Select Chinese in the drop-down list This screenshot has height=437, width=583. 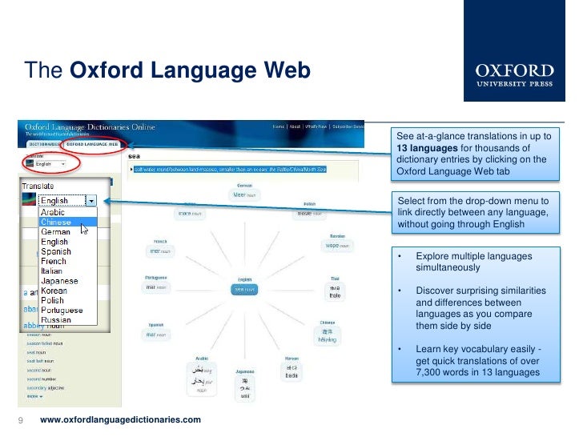pos(56,222)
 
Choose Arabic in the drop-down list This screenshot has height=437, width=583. pos(53,212)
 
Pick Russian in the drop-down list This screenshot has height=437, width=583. pos(56,319)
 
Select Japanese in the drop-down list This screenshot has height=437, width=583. pos(59,281)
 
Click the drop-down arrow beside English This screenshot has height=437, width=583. pos(92,202)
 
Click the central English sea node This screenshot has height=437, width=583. pos(243,288)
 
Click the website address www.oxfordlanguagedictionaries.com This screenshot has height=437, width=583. pos(120,420)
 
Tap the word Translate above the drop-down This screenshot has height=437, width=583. pos(38,186)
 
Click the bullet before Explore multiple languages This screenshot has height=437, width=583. pos(400,256)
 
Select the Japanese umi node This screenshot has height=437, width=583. pos(244,388)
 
